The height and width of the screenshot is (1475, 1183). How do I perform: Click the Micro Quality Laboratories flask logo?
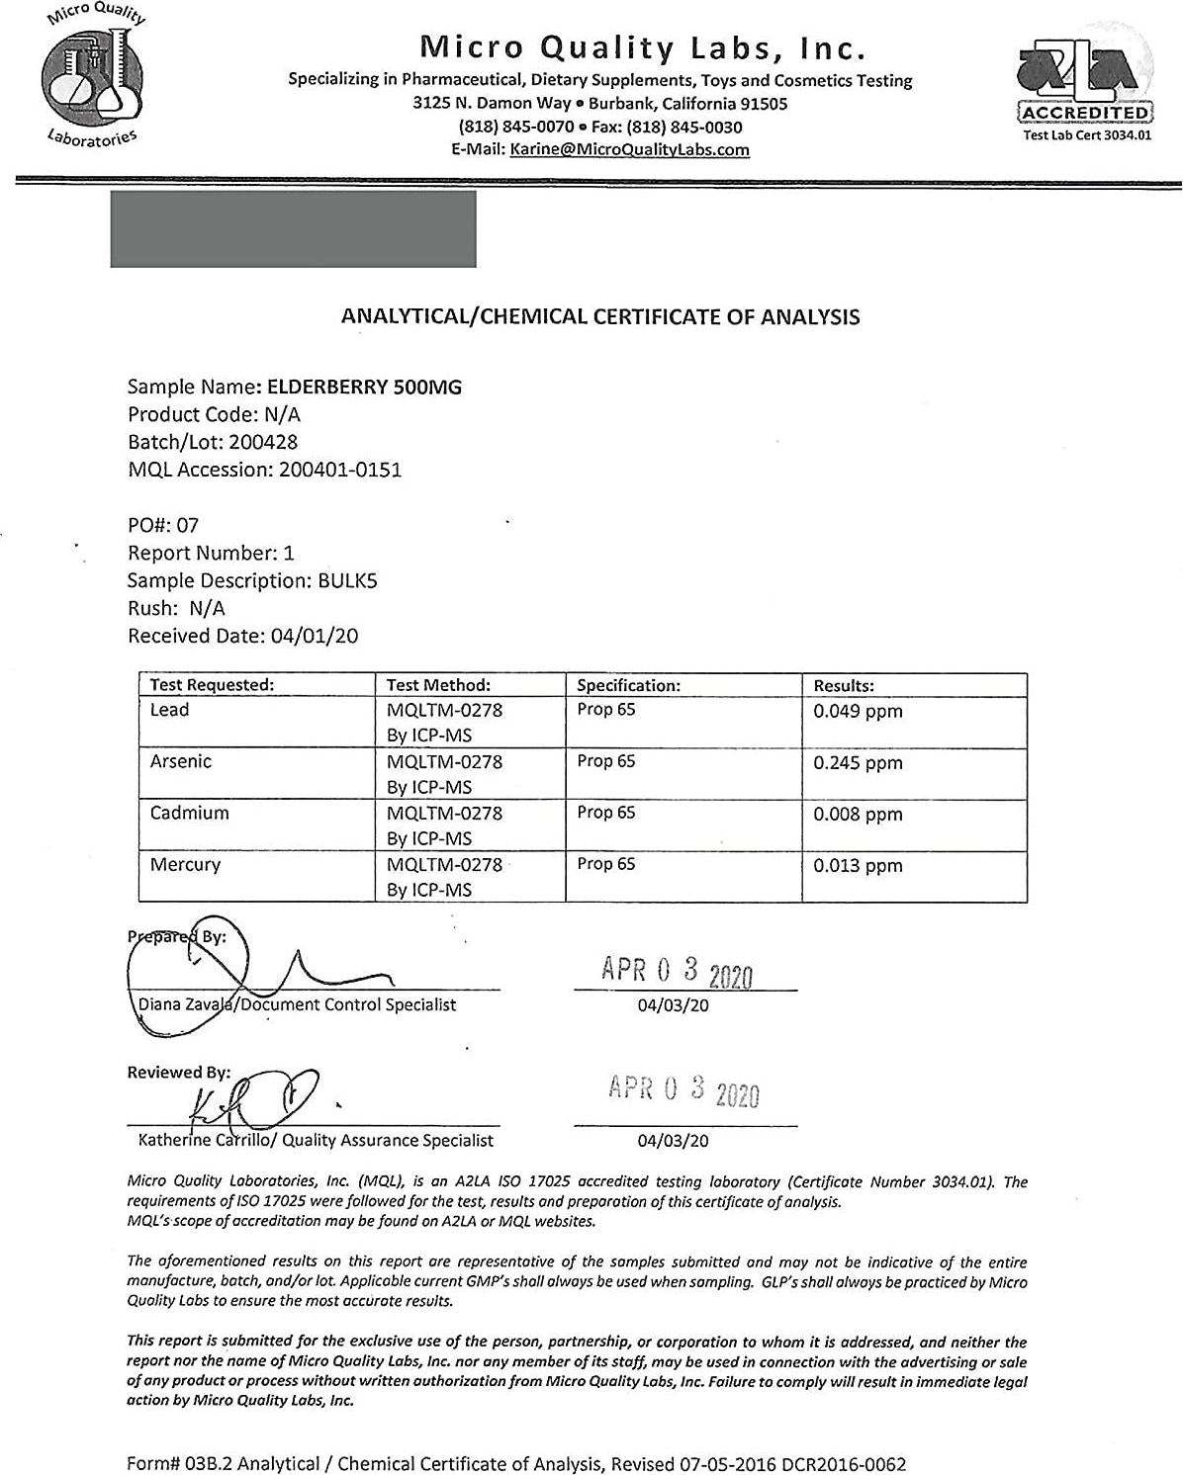point(92,77)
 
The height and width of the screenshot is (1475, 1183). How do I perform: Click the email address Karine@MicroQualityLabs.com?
point(628,150)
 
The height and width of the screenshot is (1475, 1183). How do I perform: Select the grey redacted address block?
point(293,229)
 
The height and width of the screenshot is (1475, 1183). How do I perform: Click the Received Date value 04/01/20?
point(315,636)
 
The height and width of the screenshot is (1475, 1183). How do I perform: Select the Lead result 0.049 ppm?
point(858,711)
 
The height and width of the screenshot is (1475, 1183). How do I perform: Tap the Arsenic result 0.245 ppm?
point(858,762)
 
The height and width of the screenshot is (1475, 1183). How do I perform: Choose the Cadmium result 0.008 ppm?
point(858,814)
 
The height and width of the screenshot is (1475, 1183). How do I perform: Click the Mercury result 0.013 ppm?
point(858,865)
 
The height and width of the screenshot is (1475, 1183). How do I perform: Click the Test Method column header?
point(438,685)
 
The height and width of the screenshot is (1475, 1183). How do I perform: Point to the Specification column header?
point(629,685)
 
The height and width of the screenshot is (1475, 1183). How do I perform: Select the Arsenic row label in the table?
point(181,761)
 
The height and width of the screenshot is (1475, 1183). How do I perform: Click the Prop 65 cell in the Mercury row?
point(606,864)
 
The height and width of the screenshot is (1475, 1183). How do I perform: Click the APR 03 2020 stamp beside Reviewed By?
point(684,1091)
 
